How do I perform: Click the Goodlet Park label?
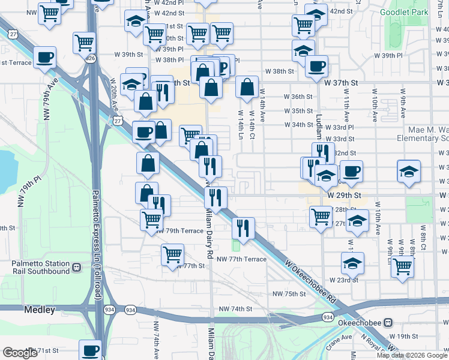[405, 11]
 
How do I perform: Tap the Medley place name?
[40, 310]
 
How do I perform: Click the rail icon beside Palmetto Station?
[76, 267]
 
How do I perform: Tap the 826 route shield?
[90, 58]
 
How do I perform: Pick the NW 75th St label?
[289, 293]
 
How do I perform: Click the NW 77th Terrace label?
[242, 259]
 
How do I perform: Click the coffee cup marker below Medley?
[91, 349]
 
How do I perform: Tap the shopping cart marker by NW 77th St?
[172, 254]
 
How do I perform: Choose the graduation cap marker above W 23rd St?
[352, 262]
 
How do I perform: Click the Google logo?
[21, 353]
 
